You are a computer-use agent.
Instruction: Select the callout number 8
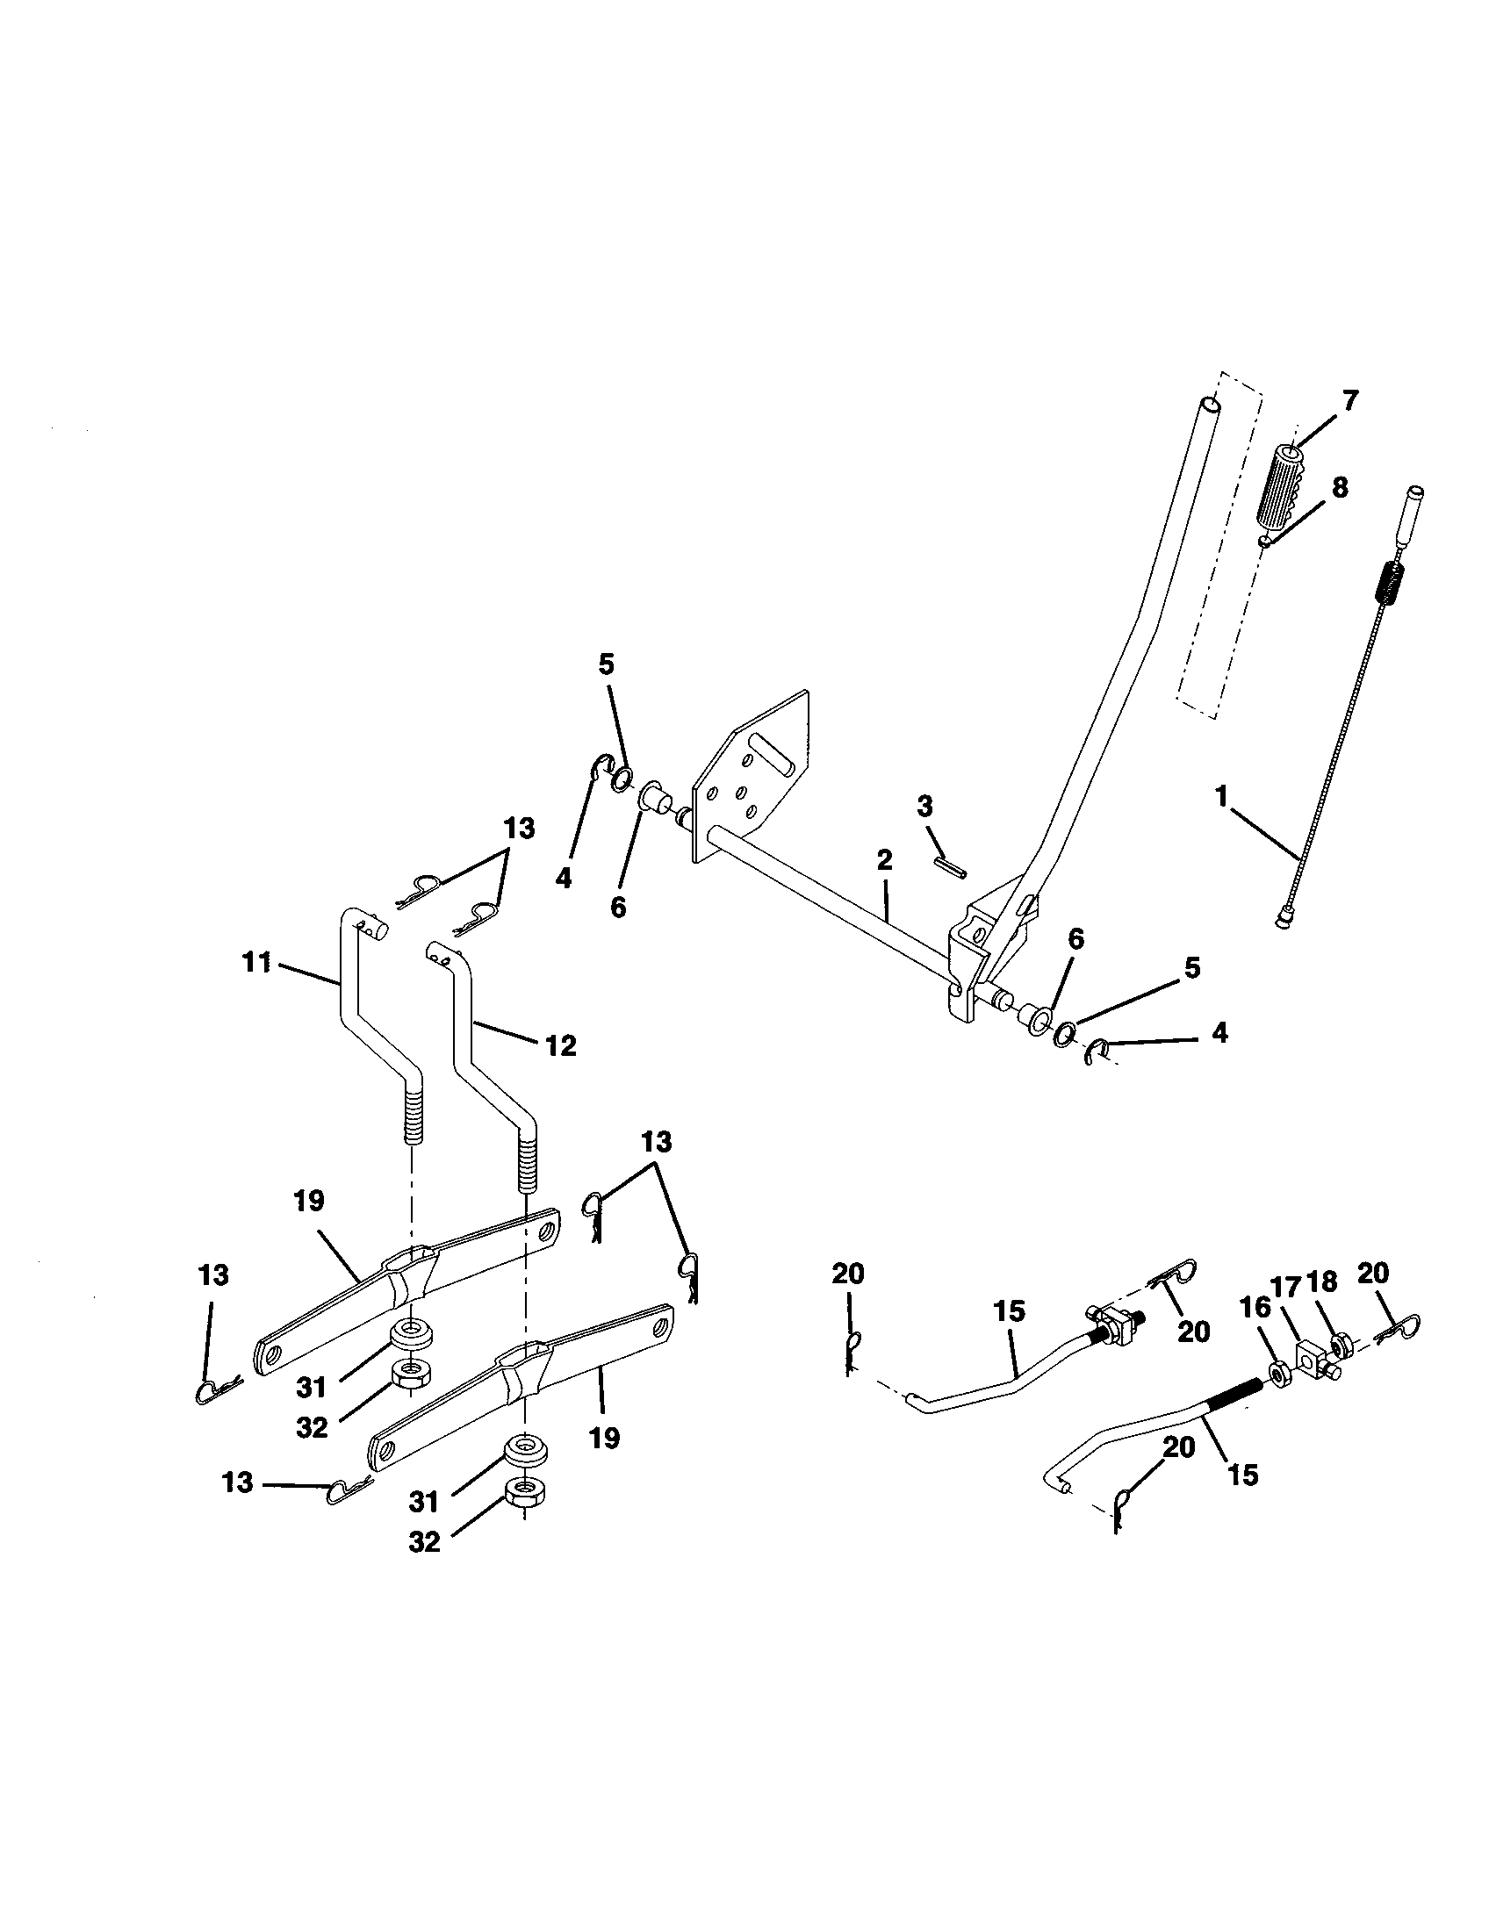coord(1341,487)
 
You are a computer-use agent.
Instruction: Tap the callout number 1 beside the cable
coord(1221,797)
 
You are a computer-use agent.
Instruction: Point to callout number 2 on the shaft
coord(885,860)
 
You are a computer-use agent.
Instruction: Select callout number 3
coord(924,806)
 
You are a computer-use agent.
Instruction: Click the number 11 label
coord(256,961)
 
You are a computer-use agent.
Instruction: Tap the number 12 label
coord(561,1046)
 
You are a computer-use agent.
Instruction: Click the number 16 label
coord(1255,1308)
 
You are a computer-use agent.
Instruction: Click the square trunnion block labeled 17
coord(1313,1354)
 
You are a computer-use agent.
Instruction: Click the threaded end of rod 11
coord(411,1116)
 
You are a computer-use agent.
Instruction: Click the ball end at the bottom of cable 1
coord(1283,922)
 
